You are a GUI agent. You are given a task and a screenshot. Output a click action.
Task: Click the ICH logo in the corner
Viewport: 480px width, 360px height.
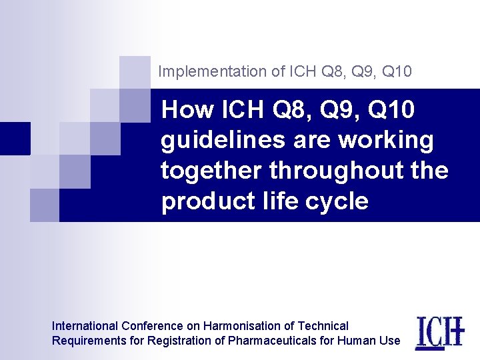pos(439,332)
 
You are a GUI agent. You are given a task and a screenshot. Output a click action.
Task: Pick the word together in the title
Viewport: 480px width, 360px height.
pos(212,171)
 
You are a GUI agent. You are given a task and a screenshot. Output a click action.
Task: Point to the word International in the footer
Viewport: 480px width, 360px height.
pos(85,326)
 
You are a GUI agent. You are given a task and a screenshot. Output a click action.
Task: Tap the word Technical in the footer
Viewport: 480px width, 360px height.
pos(323,326)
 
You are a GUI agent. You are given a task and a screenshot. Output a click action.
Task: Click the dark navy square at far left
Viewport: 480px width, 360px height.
pos(15,138)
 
